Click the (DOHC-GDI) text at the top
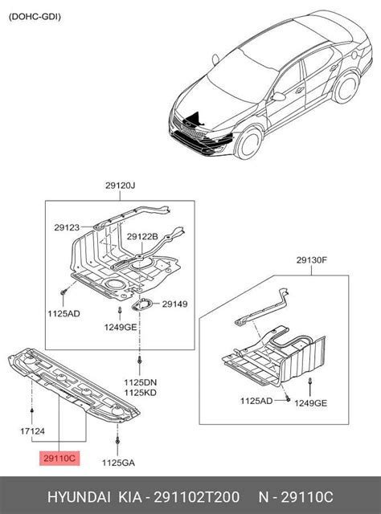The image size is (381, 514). click(x=35, y=16)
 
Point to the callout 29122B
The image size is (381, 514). click(x=142, y=237)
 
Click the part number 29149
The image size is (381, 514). click(x=174, y=304)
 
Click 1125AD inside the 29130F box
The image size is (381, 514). click(x=257, y=400)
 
